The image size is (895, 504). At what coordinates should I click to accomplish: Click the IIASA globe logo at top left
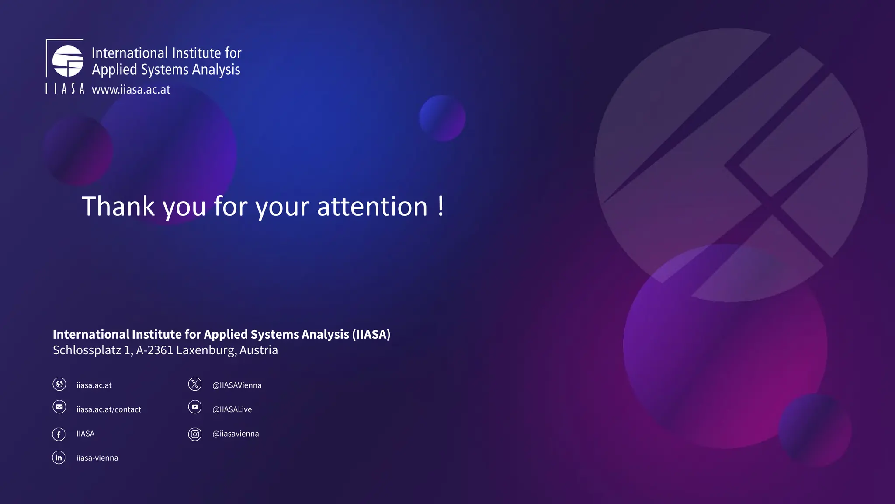point(68,61)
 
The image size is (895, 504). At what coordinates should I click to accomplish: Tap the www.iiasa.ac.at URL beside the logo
point(131,90)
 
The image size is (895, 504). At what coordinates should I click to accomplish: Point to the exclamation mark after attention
point(441,206)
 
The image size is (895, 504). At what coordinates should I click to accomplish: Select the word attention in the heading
point(372,206)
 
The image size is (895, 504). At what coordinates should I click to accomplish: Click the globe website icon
point(59,384)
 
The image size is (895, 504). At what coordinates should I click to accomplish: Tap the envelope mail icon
point(59,407)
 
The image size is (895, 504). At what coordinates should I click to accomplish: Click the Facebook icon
point(59,434)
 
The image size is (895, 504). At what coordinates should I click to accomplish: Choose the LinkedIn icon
point(59,458)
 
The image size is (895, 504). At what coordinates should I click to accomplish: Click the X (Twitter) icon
point(195,384)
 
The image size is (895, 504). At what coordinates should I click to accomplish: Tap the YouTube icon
point(195,407)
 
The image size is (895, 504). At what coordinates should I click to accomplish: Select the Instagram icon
point(195,434)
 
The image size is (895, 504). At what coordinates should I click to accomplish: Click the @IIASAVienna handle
point(237,385)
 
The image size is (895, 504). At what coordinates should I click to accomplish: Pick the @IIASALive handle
point(232,409)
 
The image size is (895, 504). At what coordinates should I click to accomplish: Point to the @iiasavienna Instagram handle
point(236,434)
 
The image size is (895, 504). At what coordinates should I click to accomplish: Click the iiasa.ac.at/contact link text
point(109,409)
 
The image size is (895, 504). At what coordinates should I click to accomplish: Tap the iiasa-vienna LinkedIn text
point(97,458)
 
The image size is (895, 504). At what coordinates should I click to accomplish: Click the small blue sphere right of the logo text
point(442,118)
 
